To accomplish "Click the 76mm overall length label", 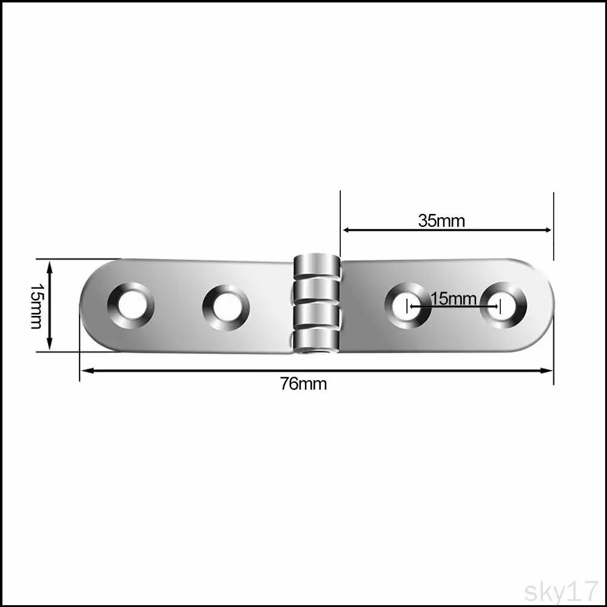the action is (303, 384).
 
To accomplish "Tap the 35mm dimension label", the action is (441, 221).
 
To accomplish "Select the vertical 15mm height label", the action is (37, 306).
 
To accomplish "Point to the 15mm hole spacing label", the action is (454, 298).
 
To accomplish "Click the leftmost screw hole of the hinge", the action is (131, 306).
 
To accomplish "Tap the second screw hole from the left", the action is (226, 308).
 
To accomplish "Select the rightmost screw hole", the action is (503, 306).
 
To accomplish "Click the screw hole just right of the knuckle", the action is (407, 306).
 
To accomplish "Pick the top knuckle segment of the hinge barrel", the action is (317, 266).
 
